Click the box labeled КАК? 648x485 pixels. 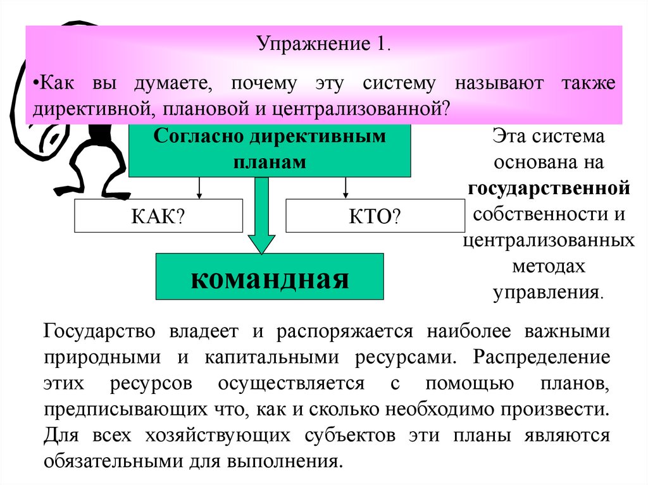click(158, 216)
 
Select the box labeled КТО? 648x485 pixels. click(375, 216)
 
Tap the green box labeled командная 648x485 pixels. click(270, 277)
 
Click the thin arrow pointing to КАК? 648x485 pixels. click(200, 188)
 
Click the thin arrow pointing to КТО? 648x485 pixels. click(346, 188)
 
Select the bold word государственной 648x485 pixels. click(549, 188)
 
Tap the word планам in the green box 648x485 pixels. click(270, 162)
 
